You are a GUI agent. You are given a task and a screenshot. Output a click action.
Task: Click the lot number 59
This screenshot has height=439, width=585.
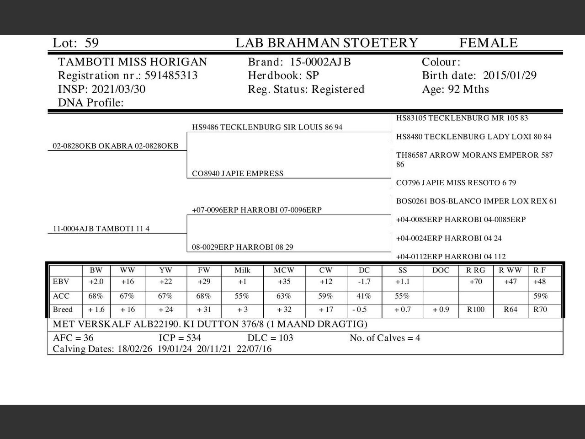click(x=91, y=43)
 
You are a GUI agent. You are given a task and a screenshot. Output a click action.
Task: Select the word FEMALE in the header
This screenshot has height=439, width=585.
click(x=488, y=43)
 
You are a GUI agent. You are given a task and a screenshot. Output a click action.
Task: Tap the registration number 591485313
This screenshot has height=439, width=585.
click(x=171, y=75)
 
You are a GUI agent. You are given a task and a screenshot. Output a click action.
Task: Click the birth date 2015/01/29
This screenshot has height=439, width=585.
click(x=510, y=75)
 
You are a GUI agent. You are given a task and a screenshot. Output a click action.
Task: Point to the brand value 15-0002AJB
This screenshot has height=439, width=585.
click(x=320, y=62)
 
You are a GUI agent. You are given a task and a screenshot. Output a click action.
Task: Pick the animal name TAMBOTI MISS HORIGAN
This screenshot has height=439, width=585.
click(x=133, y=62)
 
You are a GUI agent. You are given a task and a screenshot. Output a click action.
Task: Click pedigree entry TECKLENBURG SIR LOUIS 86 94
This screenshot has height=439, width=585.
click(x=267, y=127)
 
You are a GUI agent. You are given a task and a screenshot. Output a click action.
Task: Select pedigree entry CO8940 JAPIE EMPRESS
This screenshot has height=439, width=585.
click(x=238, y=173)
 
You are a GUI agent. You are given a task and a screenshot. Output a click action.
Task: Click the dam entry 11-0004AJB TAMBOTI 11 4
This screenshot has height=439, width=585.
click(x=101, y=229)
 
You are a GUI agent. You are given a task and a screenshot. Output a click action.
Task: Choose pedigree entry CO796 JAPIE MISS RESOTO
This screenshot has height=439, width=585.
click(x=456, y=182)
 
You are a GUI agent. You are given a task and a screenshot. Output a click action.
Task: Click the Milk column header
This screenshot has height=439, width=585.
click(x=242, y=270)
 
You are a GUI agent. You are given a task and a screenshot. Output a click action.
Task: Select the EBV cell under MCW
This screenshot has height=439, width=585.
click(x=284, y=282)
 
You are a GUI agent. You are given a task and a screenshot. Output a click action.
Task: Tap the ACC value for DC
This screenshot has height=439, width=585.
click(x=364, y=296)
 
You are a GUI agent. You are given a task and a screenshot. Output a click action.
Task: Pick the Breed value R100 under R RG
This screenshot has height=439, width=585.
click(x=475, y=310)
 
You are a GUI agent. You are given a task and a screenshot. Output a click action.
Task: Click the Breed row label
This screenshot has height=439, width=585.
click(x=63, y=310)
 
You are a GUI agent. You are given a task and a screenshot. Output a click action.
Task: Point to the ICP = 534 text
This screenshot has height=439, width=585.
click(x=180, y=338)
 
